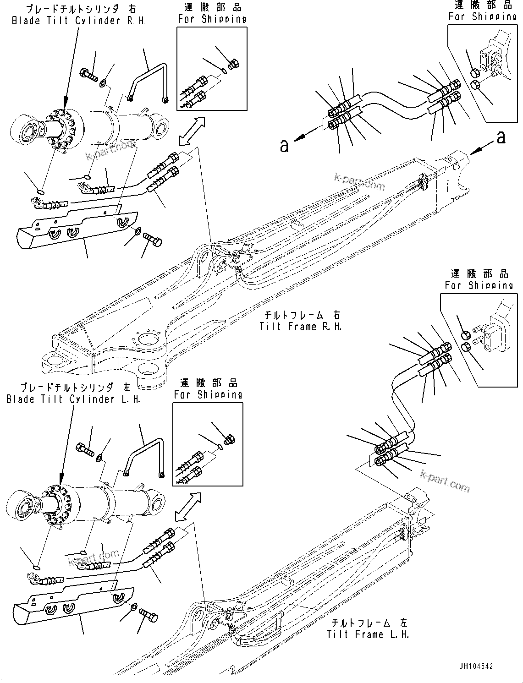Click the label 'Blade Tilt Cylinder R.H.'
coord(78,21)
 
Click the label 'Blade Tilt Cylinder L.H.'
coord(73,399)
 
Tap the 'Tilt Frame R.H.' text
coord(300,327)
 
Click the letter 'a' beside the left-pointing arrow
coord(285,146)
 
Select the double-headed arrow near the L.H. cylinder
coord(188,507)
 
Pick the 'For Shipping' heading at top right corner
coord(482,16)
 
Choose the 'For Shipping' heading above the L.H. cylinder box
coord(208,394)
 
